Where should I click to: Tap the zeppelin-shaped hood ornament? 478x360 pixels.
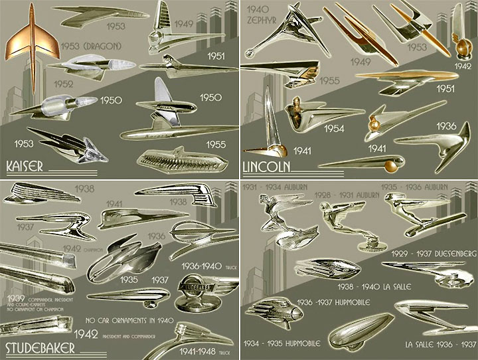click(358, 331)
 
